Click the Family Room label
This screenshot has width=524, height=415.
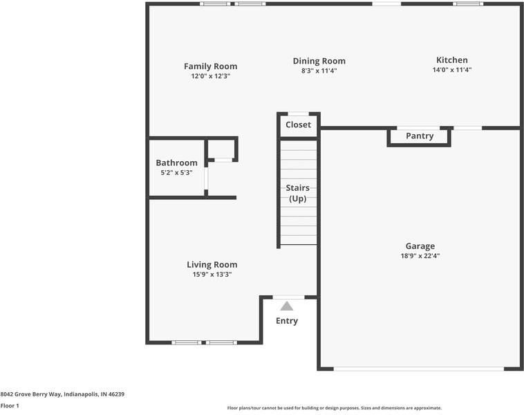pos(210,66)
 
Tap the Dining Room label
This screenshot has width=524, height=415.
pos(319,61)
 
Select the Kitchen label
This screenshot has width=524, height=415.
pos(451,60)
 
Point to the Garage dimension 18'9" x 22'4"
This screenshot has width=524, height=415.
pos(420,255)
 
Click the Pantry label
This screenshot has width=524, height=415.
pos(419,136)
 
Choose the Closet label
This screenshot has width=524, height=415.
pos(298,125)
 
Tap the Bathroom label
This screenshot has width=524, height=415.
pos(176,163)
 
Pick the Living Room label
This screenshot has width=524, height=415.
pos(212,264)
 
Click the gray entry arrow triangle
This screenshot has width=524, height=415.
pos(287,306)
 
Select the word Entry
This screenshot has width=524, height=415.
pos(287,321)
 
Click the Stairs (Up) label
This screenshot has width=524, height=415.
pos(298,193)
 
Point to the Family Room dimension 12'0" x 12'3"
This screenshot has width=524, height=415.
pos(210,76)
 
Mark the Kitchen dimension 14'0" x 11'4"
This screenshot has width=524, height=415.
pos(451,70)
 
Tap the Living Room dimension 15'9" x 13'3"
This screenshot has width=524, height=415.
pos(212,274)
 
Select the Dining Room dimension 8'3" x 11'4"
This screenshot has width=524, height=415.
pos(319,71)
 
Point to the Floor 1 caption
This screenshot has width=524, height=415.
pos(10,405)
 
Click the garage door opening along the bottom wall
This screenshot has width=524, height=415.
pos(418,369)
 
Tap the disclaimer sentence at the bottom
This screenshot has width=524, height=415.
pos(334,408)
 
